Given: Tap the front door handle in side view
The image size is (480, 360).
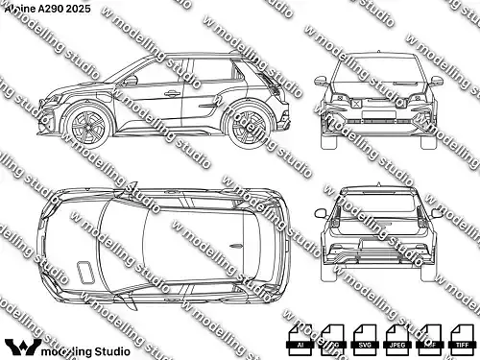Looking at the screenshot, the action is [172, 94].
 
